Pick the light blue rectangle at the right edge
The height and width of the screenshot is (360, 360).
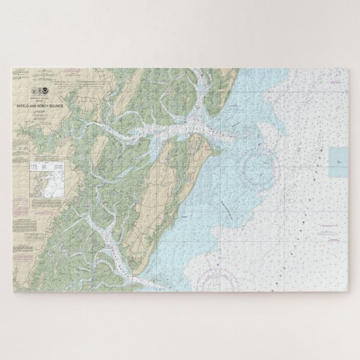(338, 162)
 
